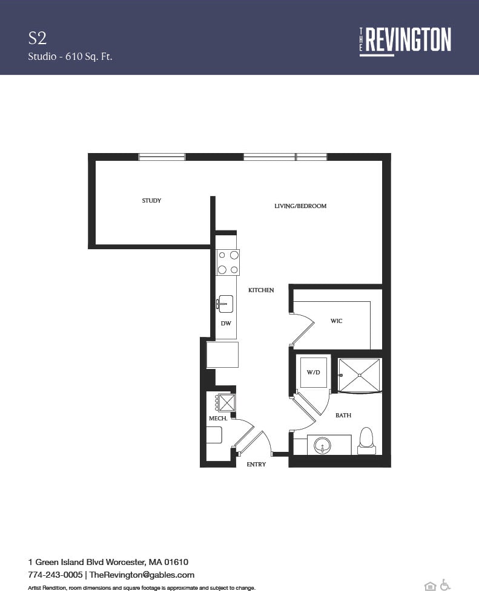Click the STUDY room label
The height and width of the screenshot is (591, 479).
pos(151,201)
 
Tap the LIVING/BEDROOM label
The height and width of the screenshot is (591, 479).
pos(300,206)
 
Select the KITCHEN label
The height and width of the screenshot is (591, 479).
pos(261,290)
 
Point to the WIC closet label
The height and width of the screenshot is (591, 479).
pos(336,321)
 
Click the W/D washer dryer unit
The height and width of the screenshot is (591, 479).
pos(313,372)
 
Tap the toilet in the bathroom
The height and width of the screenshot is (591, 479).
pos(366,440)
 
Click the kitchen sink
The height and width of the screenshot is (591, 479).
pos(225,304)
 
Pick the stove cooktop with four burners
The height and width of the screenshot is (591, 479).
pos(228,263)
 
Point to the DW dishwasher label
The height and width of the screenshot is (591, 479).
pos(226,324)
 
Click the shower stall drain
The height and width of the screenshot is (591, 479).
pos(359,375)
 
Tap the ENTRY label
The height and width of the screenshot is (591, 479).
pos(256,465)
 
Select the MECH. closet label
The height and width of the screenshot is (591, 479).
pos(218,419)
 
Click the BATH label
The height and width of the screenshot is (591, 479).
pos(343,416)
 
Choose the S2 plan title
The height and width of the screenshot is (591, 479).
pos(38,38)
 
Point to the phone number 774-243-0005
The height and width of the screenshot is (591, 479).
pos(56,575)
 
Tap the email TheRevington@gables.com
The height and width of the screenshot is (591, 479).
pos(142,575)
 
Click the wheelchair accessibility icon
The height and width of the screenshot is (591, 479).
pos(445,585)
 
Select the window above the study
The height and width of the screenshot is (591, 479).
pos(162,157)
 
